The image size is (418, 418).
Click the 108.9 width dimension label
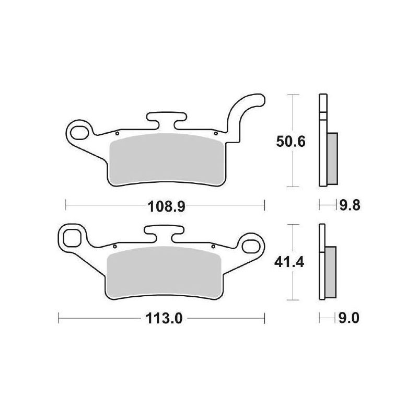coord(166,206)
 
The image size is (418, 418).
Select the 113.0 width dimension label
coord(164,318)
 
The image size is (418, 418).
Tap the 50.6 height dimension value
coord(291,142)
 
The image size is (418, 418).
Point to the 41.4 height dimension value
coord(289,263)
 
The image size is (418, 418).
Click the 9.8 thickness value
coord(350,205)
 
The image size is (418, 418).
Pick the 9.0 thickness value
coord(349,318)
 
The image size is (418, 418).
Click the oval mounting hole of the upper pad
coord(79,133)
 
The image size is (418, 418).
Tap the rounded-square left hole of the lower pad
coord(72,238)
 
